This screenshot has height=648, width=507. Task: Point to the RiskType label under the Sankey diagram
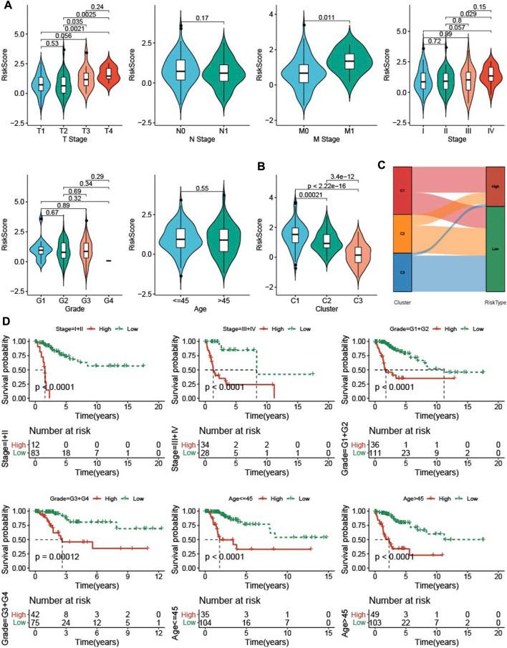(495, 302)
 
